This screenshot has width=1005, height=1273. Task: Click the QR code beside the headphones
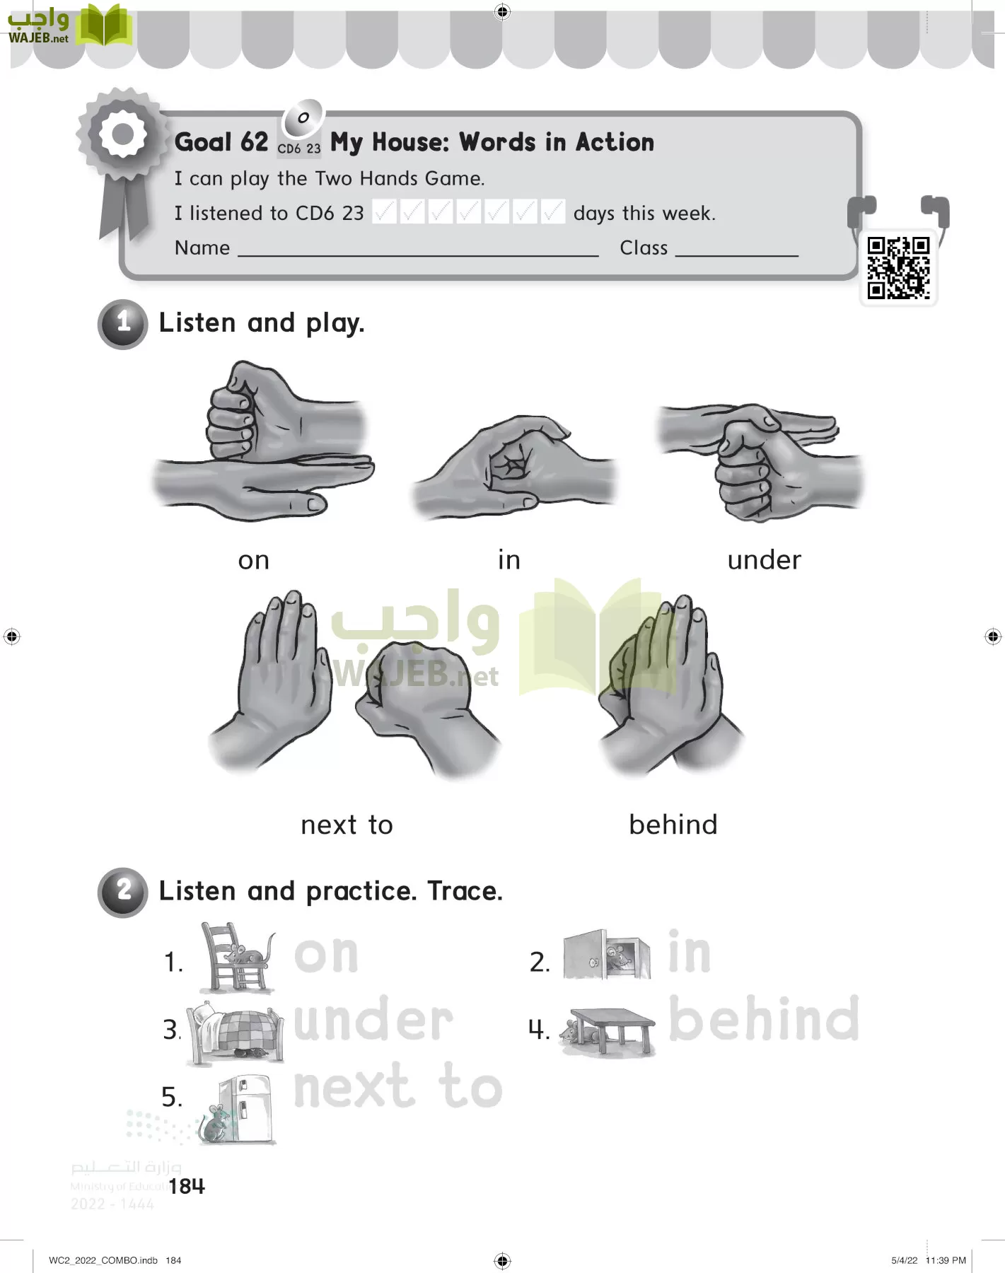coord(898,268)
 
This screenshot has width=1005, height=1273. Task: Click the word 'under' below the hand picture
coord(764,560)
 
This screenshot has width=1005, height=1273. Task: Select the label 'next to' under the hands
coord(347,825)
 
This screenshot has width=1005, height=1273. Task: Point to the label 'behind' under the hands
coord(673,825)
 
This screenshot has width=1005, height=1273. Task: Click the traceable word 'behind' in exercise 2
coord(764,1019)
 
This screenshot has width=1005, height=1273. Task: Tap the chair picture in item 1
coord(237,958)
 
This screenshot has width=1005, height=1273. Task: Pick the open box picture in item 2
coord(607,955)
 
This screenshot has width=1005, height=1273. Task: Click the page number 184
coord(187,1186)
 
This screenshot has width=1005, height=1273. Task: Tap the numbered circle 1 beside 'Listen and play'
coord(123,324)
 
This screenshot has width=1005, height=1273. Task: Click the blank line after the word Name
coord(417,251)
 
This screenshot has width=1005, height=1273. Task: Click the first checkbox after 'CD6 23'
coord(384,211)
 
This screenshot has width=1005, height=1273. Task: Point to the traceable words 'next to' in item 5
coord(397,1087)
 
